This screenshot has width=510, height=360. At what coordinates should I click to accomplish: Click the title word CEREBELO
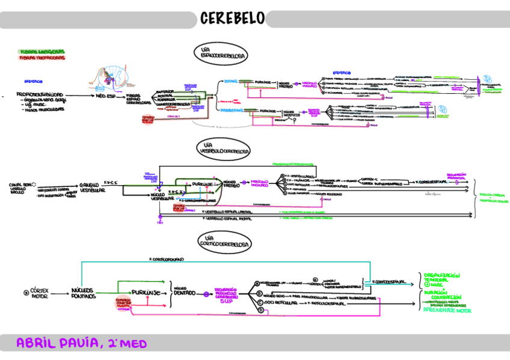point(232,19)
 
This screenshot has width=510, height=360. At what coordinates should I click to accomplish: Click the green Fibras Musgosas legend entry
point(34,52)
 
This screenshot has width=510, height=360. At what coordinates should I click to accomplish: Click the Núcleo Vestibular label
point(158,197)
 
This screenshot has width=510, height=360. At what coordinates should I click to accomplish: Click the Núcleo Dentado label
point(185,291)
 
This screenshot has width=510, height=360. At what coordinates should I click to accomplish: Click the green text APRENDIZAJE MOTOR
point(447,311)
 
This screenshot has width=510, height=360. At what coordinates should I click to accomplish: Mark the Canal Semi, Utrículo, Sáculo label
point(20,188)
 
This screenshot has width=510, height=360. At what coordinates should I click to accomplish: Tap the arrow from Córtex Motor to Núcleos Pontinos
point(62,292)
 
